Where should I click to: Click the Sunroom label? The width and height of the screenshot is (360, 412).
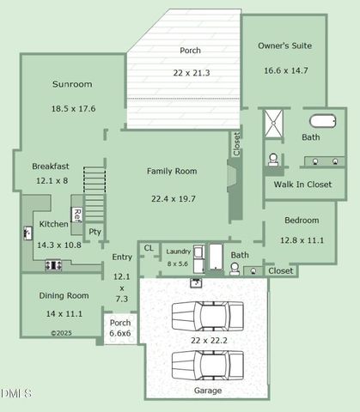click(72, 84)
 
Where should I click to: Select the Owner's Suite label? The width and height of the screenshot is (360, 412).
click(285, 45)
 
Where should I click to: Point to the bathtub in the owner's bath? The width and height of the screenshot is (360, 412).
click(324, 121)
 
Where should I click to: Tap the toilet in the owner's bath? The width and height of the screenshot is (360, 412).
click(273, 159)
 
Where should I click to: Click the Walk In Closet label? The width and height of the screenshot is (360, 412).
click(302, 184)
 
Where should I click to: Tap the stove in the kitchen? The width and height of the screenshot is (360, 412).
click(53, 265)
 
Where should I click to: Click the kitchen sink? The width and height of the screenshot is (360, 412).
click(27, 232)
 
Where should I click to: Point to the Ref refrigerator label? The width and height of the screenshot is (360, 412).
click(76, 215)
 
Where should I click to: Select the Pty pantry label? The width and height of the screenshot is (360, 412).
click(95, 231)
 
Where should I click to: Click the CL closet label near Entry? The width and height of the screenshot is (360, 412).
click(149, 248)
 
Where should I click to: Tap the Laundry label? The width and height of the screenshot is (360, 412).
click(178, 251)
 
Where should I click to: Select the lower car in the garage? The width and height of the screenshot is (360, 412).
click(207, 364)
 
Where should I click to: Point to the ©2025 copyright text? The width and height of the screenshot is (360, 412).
click(61, 332)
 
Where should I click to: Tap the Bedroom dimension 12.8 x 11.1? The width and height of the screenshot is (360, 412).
click(302, 239)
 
